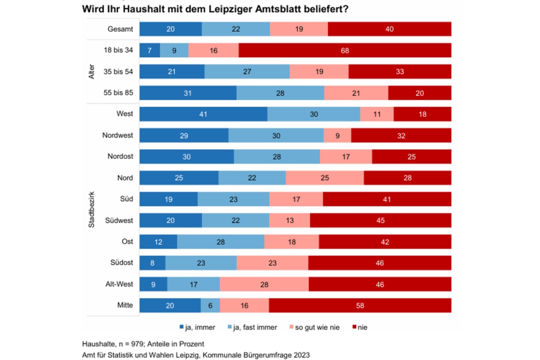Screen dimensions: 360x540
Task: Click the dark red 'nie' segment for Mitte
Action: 360,305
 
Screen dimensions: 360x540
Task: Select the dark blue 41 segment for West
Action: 203,114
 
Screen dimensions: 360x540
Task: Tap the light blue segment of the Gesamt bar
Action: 236,29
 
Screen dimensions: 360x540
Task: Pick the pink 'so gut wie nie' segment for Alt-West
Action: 264,284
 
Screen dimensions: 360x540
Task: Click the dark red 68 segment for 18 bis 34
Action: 345,50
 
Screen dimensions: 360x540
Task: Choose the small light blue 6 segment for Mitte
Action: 210,305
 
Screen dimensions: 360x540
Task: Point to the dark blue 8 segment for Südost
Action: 152,263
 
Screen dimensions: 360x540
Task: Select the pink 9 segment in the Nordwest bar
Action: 337,135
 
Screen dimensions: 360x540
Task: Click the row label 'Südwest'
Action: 119,221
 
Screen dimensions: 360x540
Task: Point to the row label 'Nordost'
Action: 121,157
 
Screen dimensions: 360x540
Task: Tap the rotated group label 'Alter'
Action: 92,72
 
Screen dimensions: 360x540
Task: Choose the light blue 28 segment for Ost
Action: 221,242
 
